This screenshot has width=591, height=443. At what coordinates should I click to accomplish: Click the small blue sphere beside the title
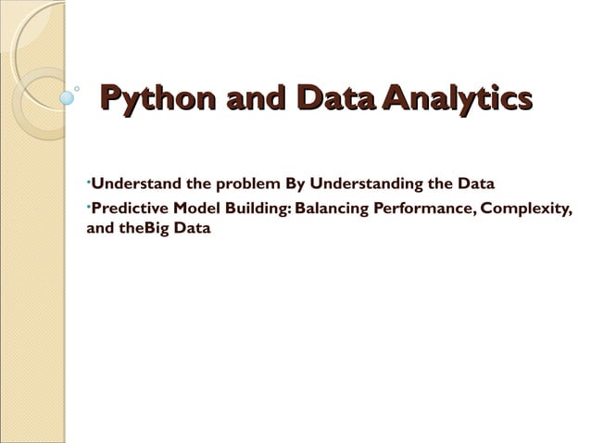pyautogui.click(x=67, y=95)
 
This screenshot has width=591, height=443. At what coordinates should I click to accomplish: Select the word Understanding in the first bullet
pyautogui.click(x=365, y=182)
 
